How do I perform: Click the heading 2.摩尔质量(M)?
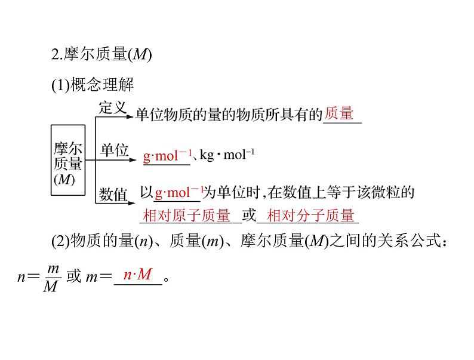tap(101, 56)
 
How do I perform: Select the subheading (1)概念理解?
tap(93, 85)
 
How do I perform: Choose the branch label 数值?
tap(113, 193)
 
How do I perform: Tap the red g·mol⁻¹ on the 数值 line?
tap(178, 193)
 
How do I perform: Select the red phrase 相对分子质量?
tap(310, 216)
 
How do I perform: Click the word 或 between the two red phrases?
tap(248, 216)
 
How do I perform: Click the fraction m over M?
tap(51, 277)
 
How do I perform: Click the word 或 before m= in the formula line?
tap(73, 278)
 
